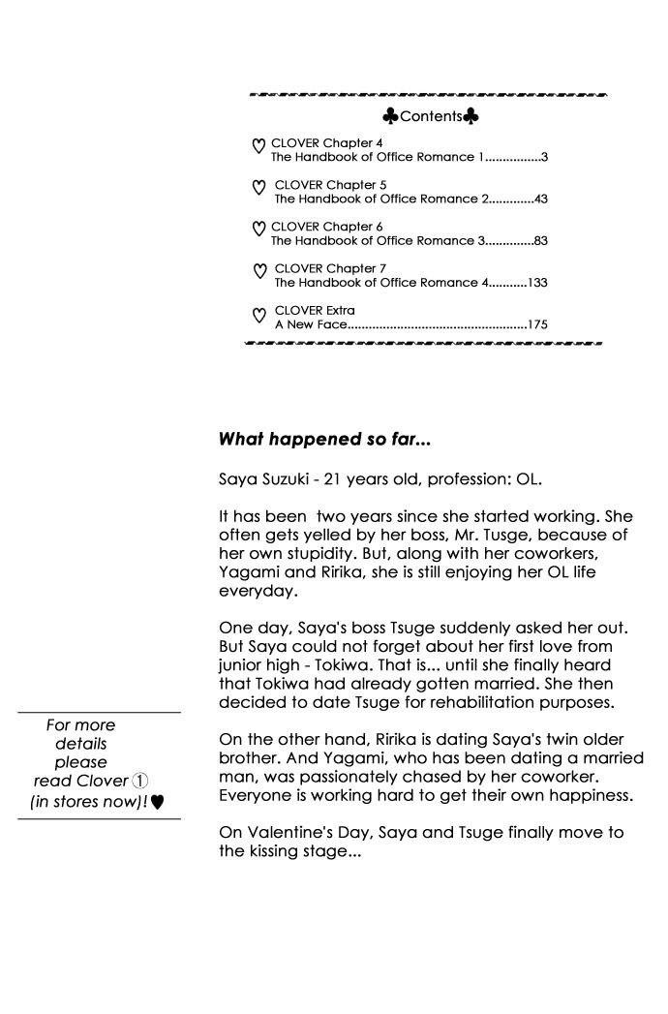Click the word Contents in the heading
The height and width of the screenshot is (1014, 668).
point(431,117)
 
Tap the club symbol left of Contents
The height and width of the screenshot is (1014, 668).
point(390,117)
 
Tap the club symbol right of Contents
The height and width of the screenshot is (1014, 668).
point(471,117)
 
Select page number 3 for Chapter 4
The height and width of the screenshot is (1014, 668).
point(545,157)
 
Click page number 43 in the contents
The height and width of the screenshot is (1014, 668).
point(541,199)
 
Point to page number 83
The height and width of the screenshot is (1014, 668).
point(541,241)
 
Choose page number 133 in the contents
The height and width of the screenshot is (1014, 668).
point(538,283)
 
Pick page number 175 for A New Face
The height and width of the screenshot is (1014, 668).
point(538,324)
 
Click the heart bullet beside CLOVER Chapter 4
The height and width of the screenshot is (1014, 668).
point(258,146)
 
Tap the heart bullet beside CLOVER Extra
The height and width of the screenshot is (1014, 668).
point(258,315)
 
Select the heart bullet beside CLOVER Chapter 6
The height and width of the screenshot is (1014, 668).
point(258,230)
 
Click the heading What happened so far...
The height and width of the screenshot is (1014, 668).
point(324,440)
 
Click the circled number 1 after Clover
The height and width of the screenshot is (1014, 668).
point(139,781)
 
